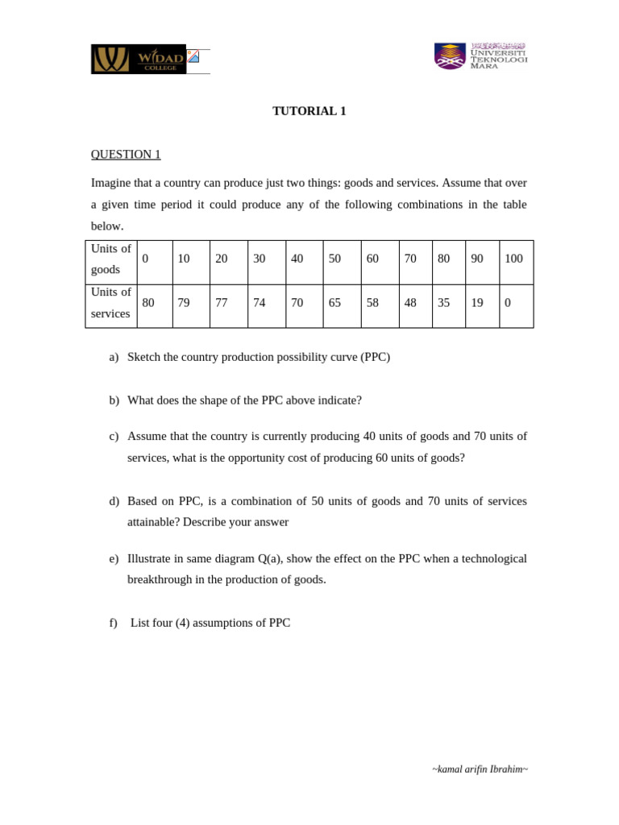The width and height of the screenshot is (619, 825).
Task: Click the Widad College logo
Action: click(139, 59)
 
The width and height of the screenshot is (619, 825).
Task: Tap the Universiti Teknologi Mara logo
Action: click(480, 56)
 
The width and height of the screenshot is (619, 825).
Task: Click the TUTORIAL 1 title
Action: click(309, 111)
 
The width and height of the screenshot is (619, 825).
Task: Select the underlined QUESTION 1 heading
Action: click(126, 154)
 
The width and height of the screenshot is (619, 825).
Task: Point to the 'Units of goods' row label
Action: click(110, 259)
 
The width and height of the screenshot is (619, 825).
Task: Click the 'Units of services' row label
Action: click(110, 303)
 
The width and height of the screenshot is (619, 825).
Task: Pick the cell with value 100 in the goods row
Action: click(513, 259)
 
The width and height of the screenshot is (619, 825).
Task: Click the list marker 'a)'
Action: click(114, 357)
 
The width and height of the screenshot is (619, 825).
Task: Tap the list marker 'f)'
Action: click(113, 623)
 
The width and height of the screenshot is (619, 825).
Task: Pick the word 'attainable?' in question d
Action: click(153, 522)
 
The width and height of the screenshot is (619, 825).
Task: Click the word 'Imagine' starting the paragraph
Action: click(110, 183)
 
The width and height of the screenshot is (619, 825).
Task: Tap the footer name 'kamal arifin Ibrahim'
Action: click(480, 769)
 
